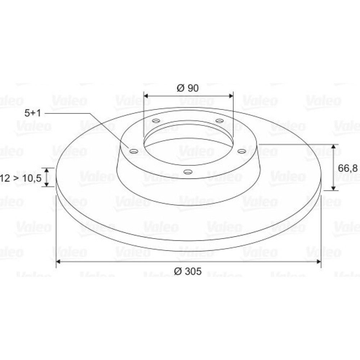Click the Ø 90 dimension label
(188, 88)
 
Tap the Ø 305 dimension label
(188, 271)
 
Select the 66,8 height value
(348, 168)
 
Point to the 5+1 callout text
(33, 113)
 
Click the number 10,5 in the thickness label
(32, 178)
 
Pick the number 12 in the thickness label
(5, 178)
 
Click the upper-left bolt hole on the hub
(156, 121)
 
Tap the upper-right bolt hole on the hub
(220, 121)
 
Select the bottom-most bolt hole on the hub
(188, 171)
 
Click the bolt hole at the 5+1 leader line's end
(134, 151)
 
